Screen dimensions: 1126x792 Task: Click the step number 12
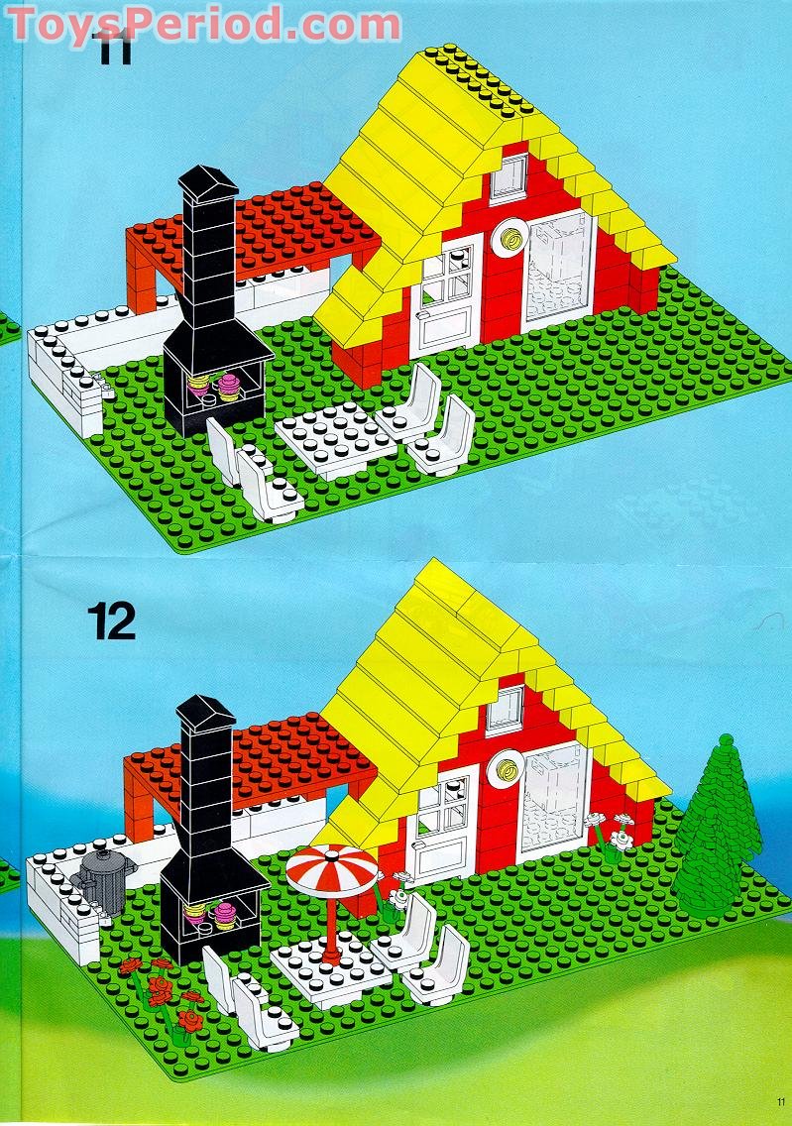coord(111,621)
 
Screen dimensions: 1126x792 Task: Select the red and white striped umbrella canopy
coord(332,868)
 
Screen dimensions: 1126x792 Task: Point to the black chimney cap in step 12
coord(205,710)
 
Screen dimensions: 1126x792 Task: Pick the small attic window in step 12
coord(505,708)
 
